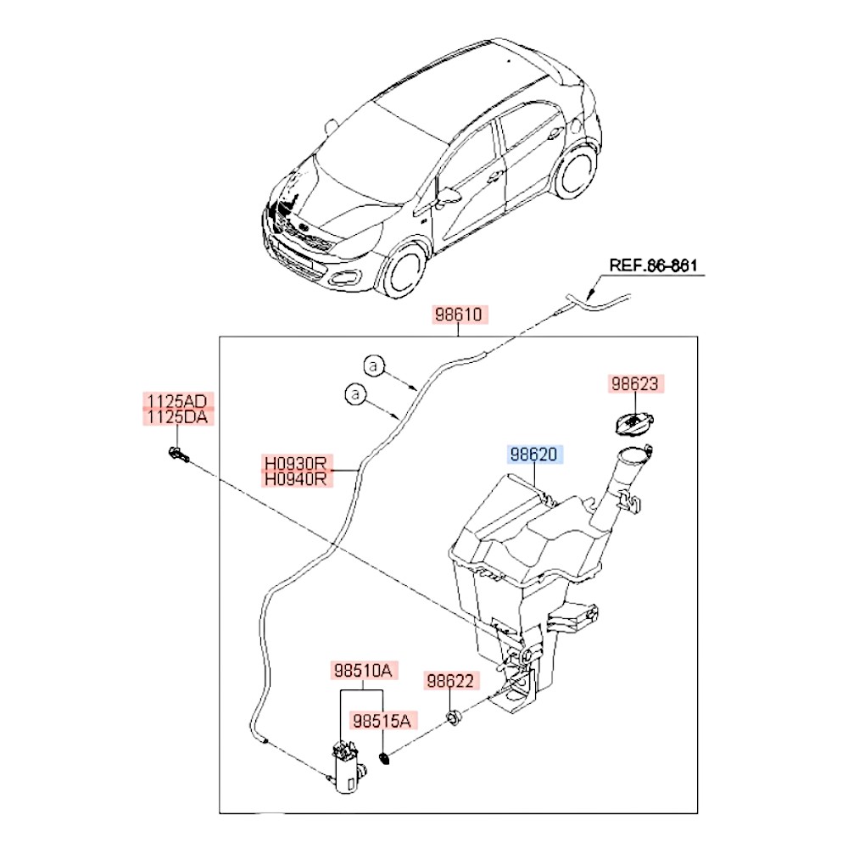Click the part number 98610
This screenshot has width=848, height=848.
pos(459,315)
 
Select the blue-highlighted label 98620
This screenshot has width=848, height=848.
pos(534,455)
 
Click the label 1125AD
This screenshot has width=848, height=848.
pos(178,400)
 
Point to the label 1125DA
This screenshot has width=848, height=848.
pos(178,417)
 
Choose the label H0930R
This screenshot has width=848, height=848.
pos(295,464)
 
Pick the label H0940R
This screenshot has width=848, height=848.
pos(295,480)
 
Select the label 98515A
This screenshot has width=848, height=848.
pos(382,721)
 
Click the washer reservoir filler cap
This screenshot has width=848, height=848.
pos(632,421)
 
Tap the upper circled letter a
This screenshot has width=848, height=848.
pos(374,366)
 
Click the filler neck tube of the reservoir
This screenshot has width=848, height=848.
pos(618,483)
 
